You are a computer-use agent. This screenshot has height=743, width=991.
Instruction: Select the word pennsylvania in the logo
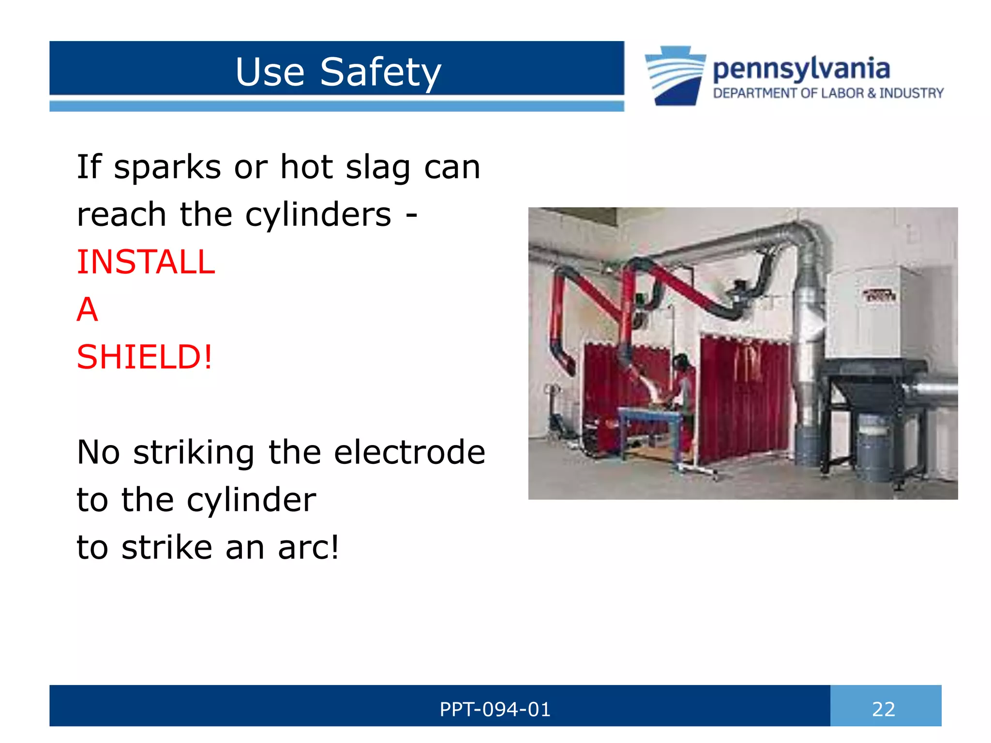click(x=801, y=69)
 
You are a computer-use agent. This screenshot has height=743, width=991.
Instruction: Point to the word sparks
click(x=167, y=167)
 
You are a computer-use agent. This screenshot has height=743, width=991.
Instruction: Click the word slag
click(x=378, y=167)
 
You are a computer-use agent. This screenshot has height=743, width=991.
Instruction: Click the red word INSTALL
click(x=146, y=262)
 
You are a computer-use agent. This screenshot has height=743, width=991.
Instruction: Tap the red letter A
click(x=87, y=310)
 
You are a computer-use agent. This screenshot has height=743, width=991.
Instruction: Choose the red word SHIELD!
click(x=144, y=357)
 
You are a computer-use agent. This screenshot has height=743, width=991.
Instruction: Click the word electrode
click(x=409, y=452)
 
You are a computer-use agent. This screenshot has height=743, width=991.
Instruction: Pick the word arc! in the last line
click(x=308, y=548)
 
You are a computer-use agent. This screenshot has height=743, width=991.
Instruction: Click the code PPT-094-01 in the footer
click(x=495, y=709)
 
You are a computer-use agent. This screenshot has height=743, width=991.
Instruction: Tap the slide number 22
click(x=883, y=709)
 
